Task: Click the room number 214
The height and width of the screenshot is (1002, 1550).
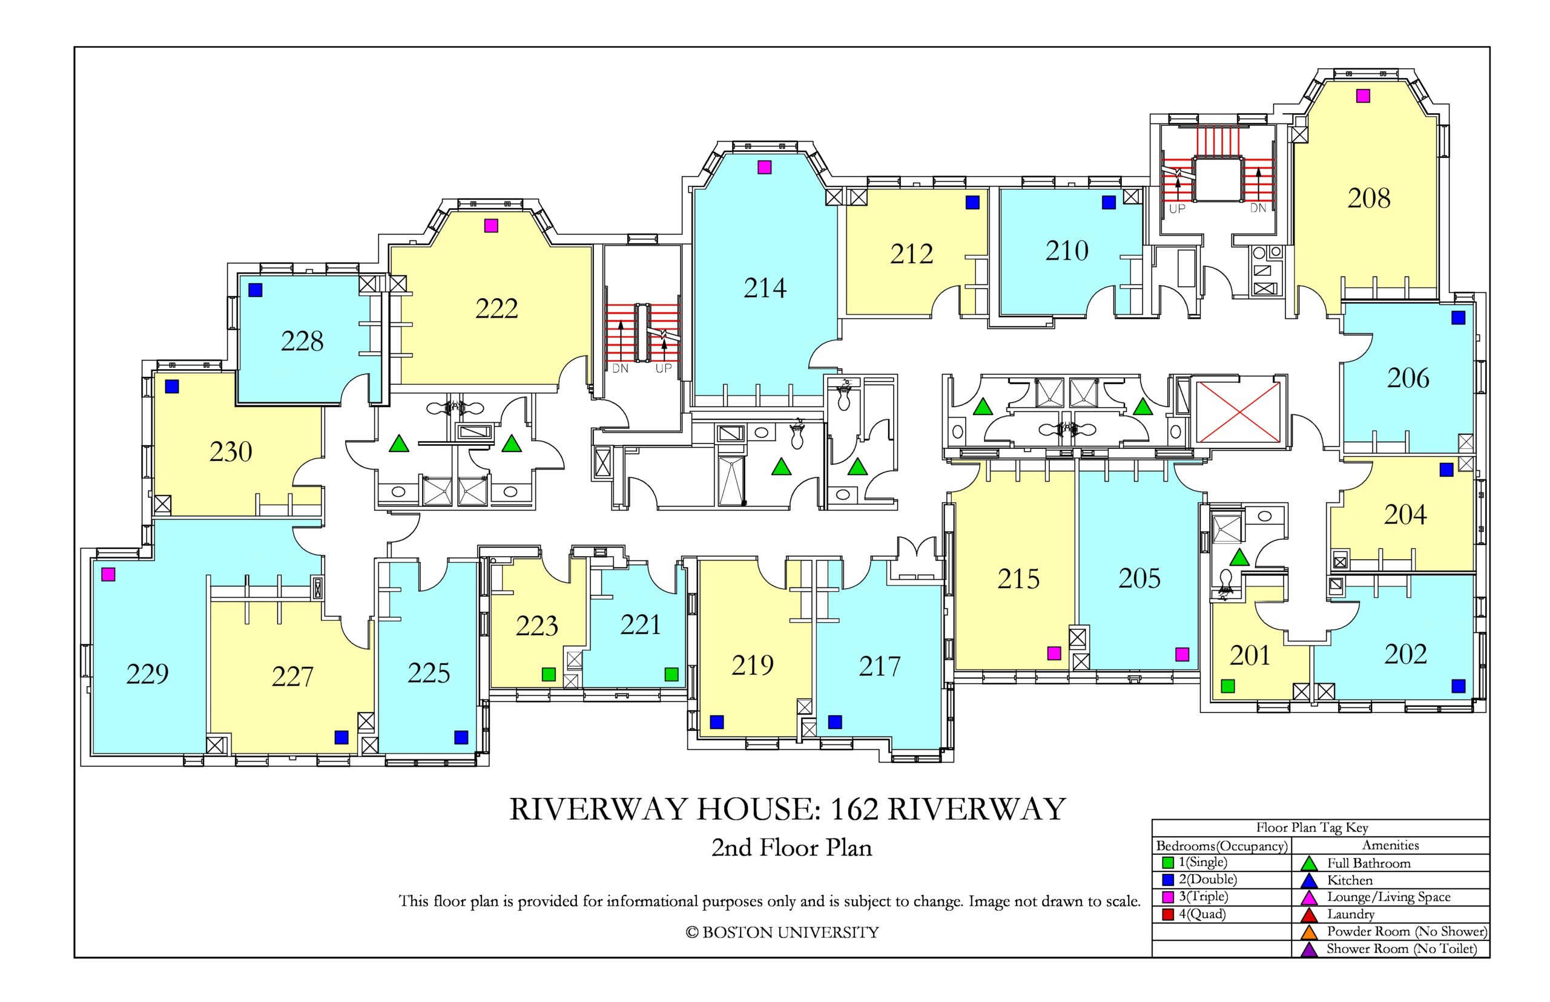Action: (x=765, y=287)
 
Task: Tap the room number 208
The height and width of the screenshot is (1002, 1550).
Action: (x=1369, y=198)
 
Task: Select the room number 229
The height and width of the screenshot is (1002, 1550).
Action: (x=148, y=673)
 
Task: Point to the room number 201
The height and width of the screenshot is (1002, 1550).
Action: (x=1249, y=655)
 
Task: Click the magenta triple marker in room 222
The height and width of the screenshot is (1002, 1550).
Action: (x=491, y=226)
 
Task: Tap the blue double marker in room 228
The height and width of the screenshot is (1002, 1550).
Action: (x=255, y=290)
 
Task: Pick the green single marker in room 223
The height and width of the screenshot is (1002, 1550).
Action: (x=549, y=674)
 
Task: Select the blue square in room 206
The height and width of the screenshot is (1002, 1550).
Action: (x=1458, y=318)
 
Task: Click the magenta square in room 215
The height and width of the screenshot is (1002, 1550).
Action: (x=1054, y=653)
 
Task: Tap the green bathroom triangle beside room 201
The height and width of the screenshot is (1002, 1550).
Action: (x=1239, y=558)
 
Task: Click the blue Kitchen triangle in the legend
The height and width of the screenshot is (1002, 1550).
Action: (x=1309, y=881)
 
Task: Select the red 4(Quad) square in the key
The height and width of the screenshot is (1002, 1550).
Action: (x=1169, y=914)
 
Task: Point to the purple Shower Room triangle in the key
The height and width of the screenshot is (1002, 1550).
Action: (x=1309, y=950)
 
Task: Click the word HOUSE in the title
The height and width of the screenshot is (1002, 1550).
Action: (x=755, y=810)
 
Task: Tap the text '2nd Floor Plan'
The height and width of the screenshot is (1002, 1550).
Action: (x=791, y=848)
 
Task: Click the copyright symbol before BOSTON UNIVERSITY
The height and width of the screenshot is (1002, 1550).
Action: (x=692, y=933)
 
